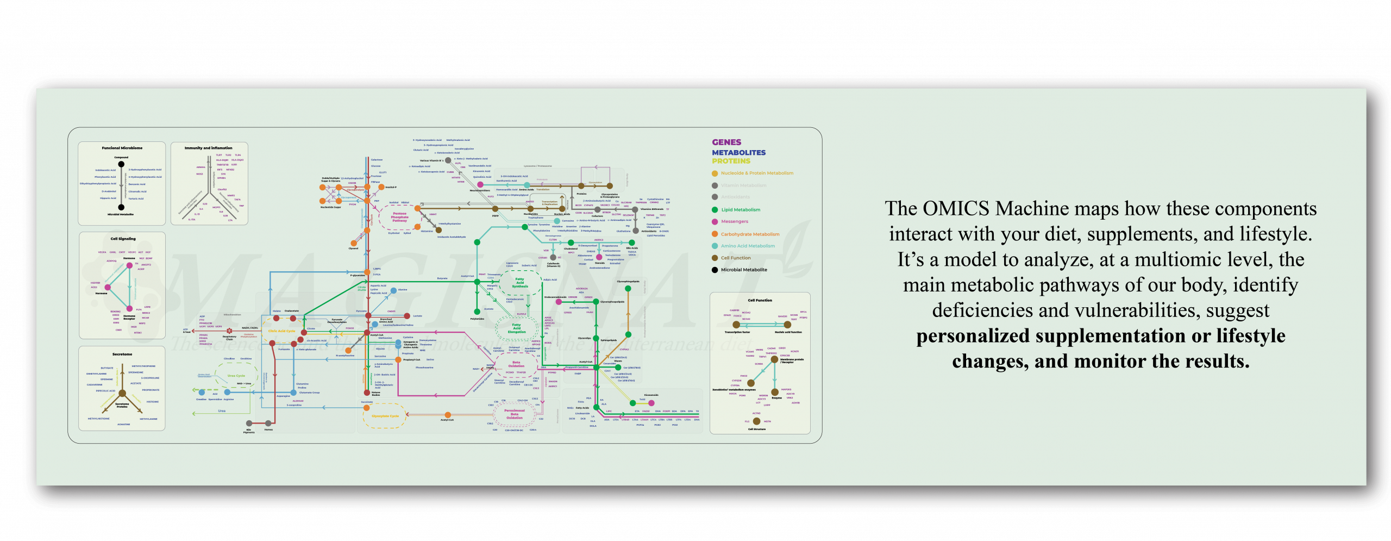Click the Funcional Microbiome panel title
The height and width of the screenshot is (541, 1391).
coord(122,148)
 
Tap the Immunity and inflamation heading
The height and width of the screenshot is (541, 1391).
coord(208,148)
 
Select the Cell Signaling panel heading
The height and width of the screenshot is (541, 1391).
coord(123,239)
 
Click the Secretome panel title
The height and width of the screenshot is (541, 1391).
coord(122,354)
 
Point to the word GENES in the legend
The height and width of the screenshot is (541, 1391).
coord(726,142)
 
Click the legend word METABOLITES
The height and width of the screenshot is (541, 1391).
coord(738,153)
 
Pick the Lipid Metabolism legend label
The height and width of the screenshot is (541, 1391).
coord(740,210)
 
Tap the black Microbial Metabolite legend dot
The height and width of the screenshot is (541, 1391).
coord(715,270)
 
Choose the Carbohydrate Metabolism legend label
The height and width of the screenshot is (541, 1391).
coord(750,234)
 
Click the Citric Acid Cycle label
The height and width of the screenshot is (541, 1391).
coord(281,331)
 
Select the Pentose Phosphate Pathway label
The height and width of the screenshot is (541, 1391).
coord(399,217)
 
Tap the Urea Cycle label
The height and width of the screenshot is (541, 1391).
coord(236,376)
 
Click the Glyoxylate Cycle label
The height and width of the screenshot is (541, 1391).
coord(385,416)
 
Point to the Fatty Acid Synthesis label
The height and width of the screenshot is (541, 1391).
coord(519,283)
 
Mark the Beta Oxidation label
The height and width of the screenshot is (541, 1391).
coord(516,364)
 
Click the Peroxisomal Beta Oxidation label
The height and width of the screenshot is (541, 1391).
coord(514,414)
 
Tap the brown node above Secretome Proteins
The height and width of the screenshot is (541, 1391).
coord(122,394)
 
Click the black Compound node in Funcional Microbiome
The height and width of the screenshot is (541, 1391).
coord(121,164)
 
